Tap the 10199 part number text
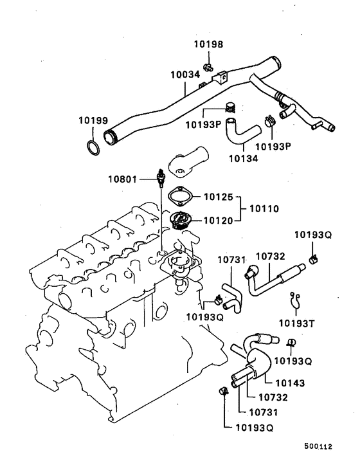click(93, 121)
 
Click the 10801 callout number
click(122, 178)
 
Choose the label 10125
click(218, 195)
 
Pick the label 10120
click(218, 220)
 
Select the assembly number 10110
click(264, 208)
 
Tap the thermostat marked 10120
click(180, 220)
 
